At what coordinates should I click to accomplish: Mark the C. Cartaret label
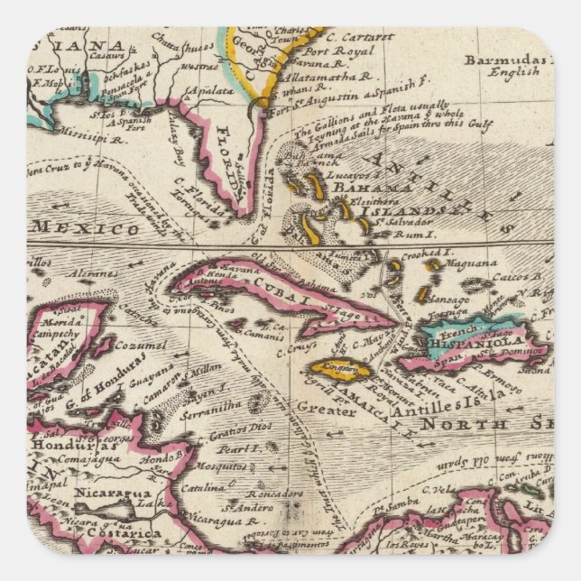click(359, 38)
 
